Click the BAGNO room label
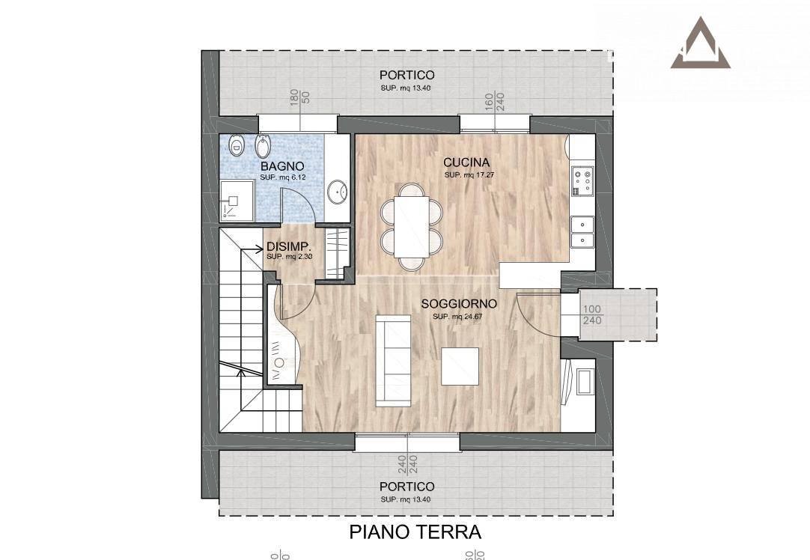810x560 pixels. (282, 166)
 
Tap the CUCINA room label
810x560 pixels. (466, 162)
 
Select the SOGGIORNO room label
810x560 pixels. (459, 304)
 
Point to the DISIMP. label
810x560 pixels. (288, 246)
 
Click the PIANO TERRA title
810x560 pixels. (415, 532)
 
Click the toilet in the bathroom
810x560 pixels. (236, 144)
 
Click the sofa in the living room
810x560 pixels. (393, 360)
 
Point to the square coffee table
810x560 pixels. (460, 367)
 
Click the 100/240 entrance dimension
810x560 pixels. (592, 314)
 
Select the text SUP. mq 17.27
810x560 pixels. (469, 175)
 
